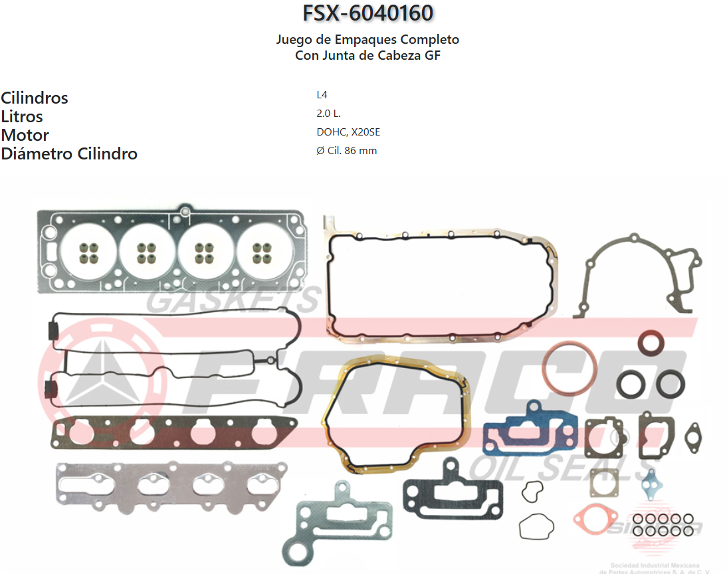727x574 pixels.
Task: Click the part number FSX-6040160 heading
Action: (367, 13)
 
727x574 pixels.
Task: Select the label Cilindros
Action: (35, 98)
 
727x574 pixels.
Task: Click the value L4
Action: (322, 95)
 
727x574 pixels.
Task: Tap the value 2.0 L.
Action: (328, 114)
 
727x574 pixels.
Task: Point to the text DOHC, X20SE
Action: (348, 132)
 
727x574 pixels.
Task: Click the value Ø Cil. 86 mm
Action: (346, 151)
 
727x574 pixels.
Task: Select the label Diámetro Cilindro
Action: (69, 153)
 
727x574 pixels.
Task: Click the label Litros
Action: (22, 116)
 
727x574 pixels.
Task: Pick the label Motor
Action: (25, 135)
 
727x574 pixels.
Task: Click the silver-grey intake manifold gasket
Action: (171, 486)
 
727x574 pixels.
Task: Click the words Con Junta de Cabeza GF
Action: (367, 55)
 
